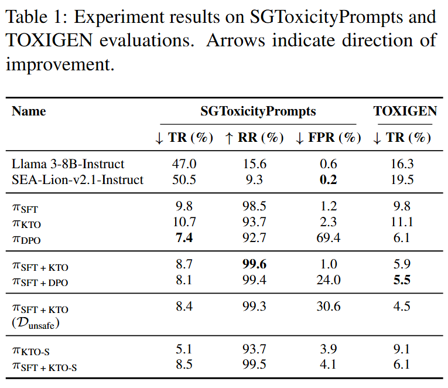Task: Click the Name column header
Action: [x=29, y=111]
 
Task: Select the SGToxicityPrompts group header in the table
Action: [x=258, y=111]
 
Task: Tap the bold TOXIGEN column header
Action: [x=405, y=111]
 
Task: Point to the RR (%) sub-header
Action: [x=254, y=138]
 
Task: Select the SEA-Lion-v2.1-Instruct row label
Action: [x=77, y=179]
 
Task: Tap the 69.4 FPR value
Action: [x=329, y=239]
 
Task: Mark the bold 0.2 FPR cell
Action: [x=329, y=179]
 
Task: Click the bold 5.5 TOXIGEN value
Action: [x=402, y=281]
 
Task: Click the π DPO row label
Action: [x=26, y=240]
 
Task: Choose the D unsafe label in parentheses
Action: [x=36, y=323]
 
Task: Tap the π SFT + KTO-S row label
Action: [x=45, y=366]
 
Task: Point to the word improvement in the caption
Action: [x=59, y=64]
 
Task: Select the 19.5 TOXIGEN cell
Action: [x=402, y=179]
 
